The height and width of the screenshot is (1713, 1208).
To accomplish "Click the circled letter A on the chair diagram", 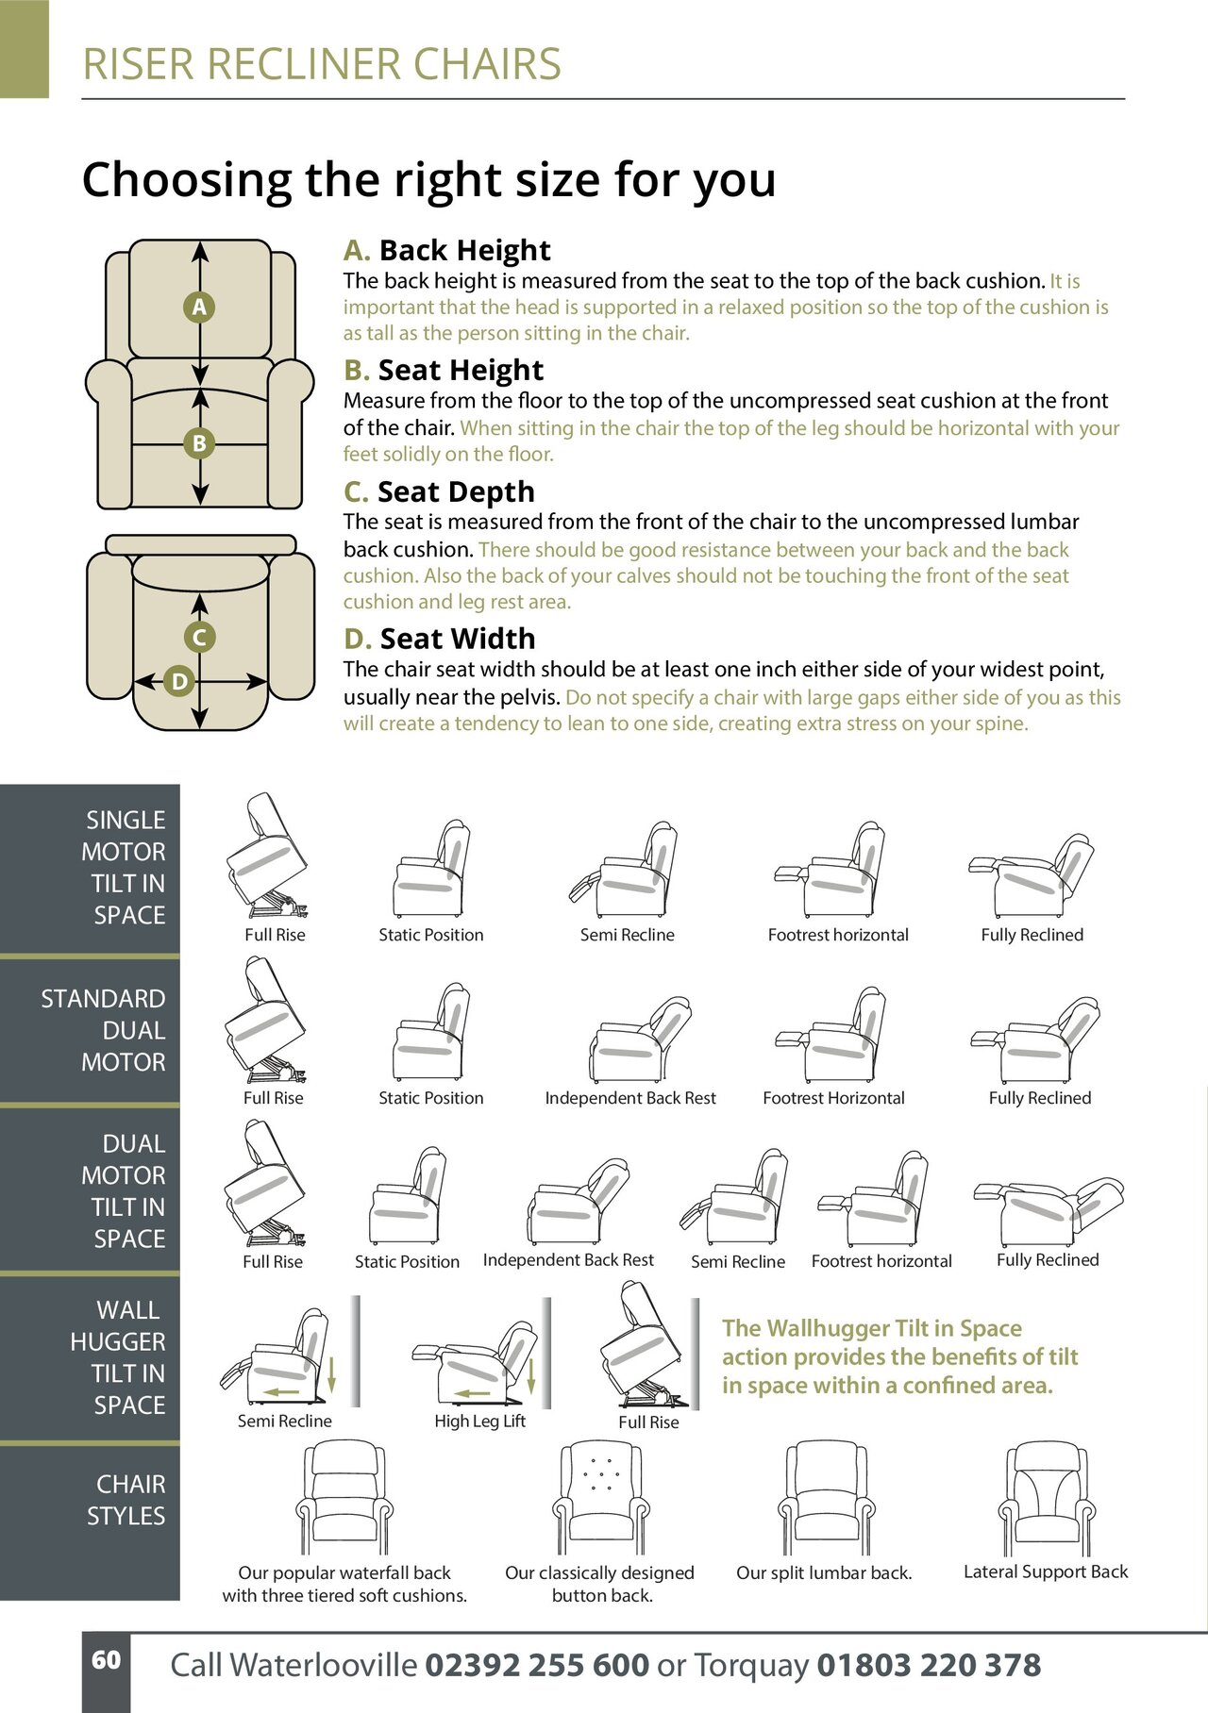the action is point(199,308).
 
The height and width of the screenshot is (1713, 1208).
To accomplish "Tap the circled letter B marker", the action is point(199,443).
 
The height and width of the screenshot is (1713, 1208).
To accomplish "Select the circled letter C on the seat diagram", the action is point(199,638).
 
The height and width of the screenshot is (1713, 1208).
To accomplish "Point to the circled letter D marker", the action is point(179,681).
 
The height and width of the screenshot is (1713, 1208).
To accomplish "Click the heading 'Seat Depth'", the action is point(456,492).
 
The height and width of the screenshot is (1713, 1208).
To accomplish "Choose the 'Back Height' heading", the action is point(464,250).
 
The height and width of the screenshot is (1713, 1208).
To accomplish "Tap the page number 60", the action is point(106,1660).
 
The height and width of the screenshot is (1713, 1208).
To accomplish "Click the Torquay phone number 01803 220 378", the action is point(929,1666).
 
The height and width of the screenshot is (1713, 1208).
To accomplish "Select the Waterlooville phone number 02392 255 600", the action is point(537,1666).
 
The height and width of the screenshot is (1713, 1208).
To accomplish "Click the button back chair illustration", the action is point(599,1498).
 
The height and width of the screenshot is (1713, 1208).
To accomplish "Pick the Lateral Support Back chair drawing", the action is point(1045,1498).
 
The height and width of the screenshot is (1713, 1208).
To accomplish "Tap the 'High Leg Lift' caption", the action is point(479,1422).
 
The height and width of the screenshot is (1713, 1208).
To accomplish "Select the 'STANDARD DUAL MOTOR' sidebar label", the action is point(103,1030).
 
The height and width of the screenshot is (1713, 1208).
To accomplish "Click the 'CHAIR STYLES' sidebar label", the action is point(126,1500).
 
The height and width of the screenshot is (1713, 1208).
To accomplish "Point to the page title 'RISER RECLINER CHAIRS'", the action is point(322,64).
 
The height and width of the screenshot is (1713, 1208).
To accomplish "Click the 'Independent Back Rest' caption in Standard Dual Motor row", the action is point(630,1098).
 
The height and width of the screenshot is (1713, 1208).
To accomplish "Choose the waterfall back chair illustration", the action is point(344,1498).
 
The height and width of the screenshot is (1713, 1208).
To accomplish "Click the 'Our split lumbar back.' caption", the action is point(824,1572).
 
